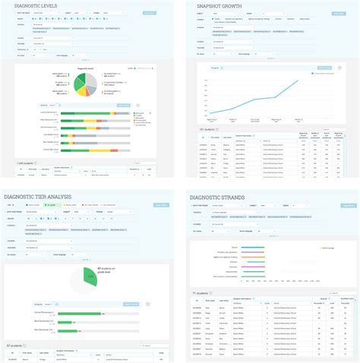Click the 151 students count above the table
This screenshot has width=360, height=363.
pyautogui.click(x=207, y=130)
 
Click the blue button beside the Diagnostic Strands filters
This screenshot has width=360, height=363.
pyautogui.click(x=347, y=205)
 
